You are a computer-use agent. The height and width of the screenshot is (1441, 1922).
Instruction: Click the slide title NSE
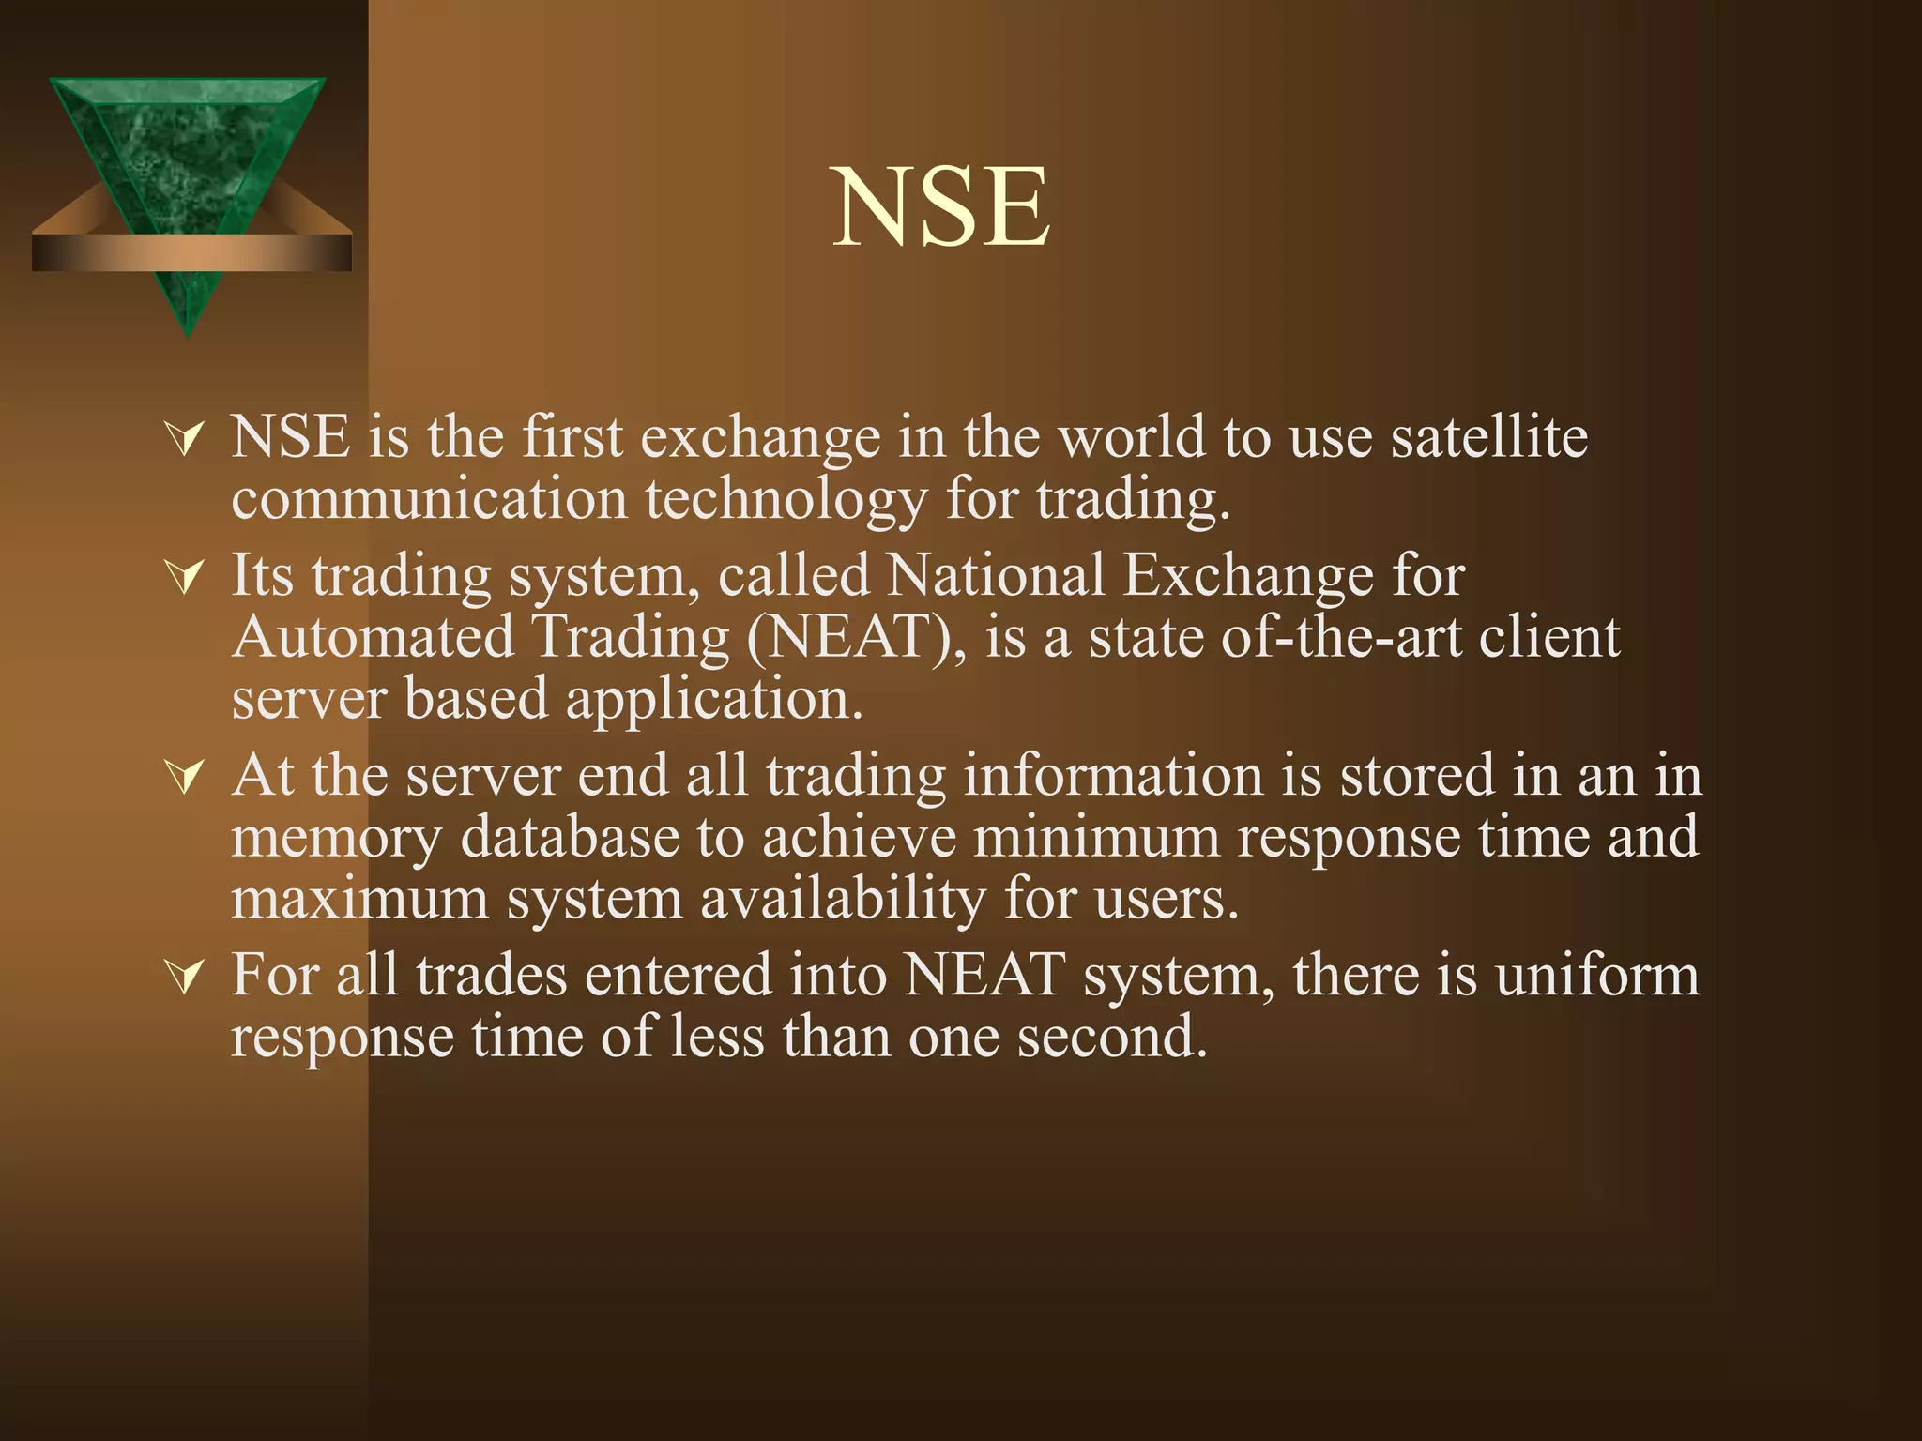[x=941, y=207]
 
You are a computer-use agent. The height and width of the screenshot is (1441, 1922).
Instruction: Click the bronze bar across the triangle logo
[x=191, y=253]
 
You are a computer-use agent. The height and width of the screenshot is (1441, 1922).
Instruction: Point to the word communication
[x=429, y=499]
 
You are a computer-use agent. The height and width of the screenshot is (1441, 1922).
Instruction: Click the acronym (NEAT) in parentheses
[x=856, y=638]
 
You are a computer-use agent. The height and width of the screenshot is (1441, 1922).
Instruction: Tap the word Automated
[x=374, y=638]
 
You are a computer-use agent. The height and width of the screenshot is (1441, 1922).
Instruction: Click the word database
[x=570, y=837]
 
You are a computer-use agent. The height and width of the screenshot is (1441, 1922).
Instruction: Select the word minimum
[x=1096, y=837]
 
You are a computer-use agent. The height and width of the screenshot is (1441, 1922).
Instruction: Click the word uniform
[x=1597, y=976]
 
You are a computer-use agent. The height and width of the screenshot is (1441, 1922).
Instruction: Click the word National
[x=996, y=575]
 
